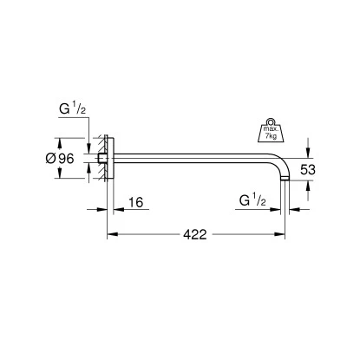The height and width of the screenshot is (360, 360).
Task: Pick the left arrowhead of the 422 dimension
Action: tap(111, 233)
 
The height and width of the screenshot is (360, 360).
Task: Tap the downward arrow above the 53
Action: tap(304, 150)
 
